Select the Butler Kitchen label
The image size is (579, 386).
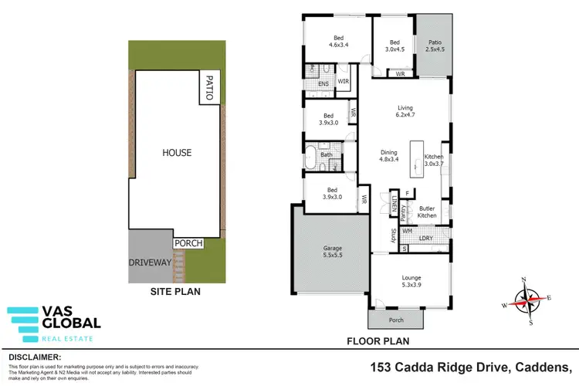[428, 212]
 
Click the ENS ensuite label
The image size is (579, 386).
[313, 84]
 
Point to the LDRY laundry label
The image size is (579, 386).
[425, 239]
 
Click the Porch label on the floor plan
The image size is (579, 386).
[396, 320]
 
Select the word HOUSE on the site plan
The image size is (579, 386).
[176, 153]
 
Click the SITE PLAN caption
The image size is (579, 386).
[175, 293]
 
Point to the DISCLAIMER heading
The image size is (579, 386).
[34, 357]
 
